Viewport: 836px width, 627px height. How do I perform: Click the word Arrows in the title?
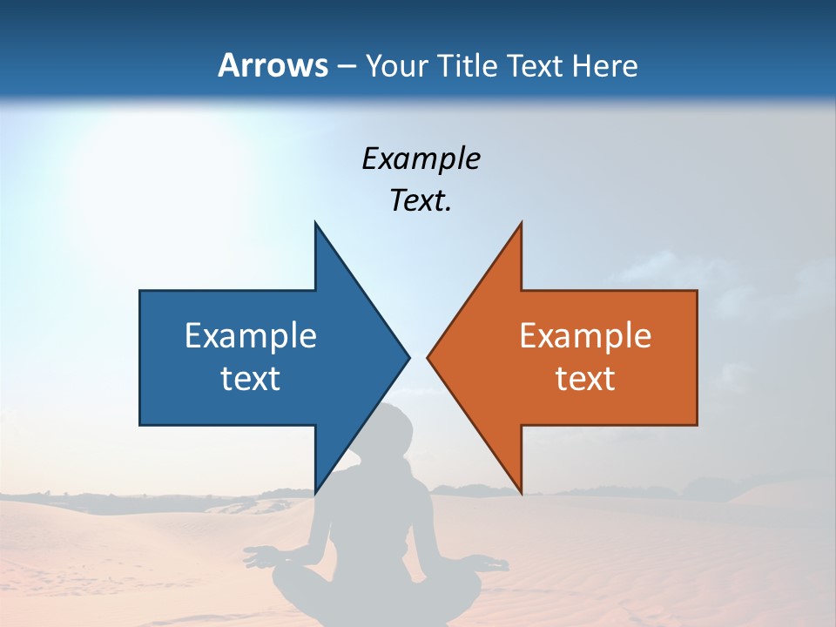pyautogui.click(x=273, y=65)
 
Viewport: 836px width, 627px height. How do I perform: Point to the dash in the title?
pyautogui.click(x=346, y=66)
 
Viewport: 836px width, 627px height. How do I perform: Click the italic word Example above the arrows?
pyautogui.click(x=421, y=159)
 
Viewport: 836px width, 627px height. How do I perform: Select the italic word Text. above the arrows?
pyautogui.click(x=421, y=201)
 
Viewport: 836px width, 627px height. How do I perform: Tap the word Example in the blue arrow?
pyautogui.click(x=251, y=336)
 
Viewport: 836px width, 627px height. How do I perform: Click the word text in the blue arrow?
pyautogui.click(x=251, y=379)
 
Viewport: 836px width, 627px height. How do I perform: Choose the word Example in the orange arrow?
pyautogui.click(x=585, y=336)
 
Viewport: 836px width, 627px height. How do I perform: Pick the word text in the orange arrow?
pyautogui.click(x=585, y=379)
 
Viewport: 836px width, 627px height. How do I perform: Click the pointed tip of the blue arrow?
pyautogui.click(x=408, y=357)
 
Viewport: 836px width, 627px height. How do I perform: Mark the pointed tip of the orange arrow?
pyautogui.click(x=428, y=357)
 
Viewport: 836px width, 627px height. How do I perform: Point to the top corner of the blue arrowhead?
pyautogui.click(x=315, y=224)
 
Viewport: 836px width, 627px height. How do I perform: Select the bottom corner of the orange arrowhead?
pyautogui.click(x=521, y=493)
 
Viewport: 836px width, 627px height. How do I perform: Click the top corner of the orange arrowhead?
pyautogui.click(x=521, y=224)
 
